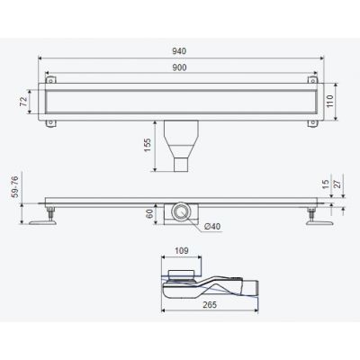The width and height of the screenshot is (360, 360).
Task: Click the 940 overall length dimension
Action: click(179, 51)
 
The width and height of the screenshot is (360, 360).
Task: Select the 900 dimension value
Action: click(179, 67)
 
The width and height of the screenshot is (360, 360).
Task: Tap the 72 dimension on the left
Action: click(23, 102)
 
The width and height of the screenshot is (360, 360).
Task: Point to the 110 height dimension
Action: click(329, 102)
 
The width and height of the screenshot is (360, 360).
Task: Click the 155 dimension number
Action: click(148, 145)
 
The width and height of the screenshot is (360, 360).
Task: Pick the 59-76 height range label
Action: click(14, 187)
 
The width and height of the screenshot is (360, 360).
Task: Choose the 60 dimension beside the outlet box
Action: click(149, 213)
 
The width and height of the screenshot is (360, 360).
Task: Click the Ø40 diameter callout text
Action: click(212, 227)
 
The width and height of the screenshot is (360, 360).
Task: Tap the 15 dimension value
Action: click(326, 184)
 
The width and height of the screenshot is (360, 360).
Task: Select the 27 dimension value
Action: click(338, 184)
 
